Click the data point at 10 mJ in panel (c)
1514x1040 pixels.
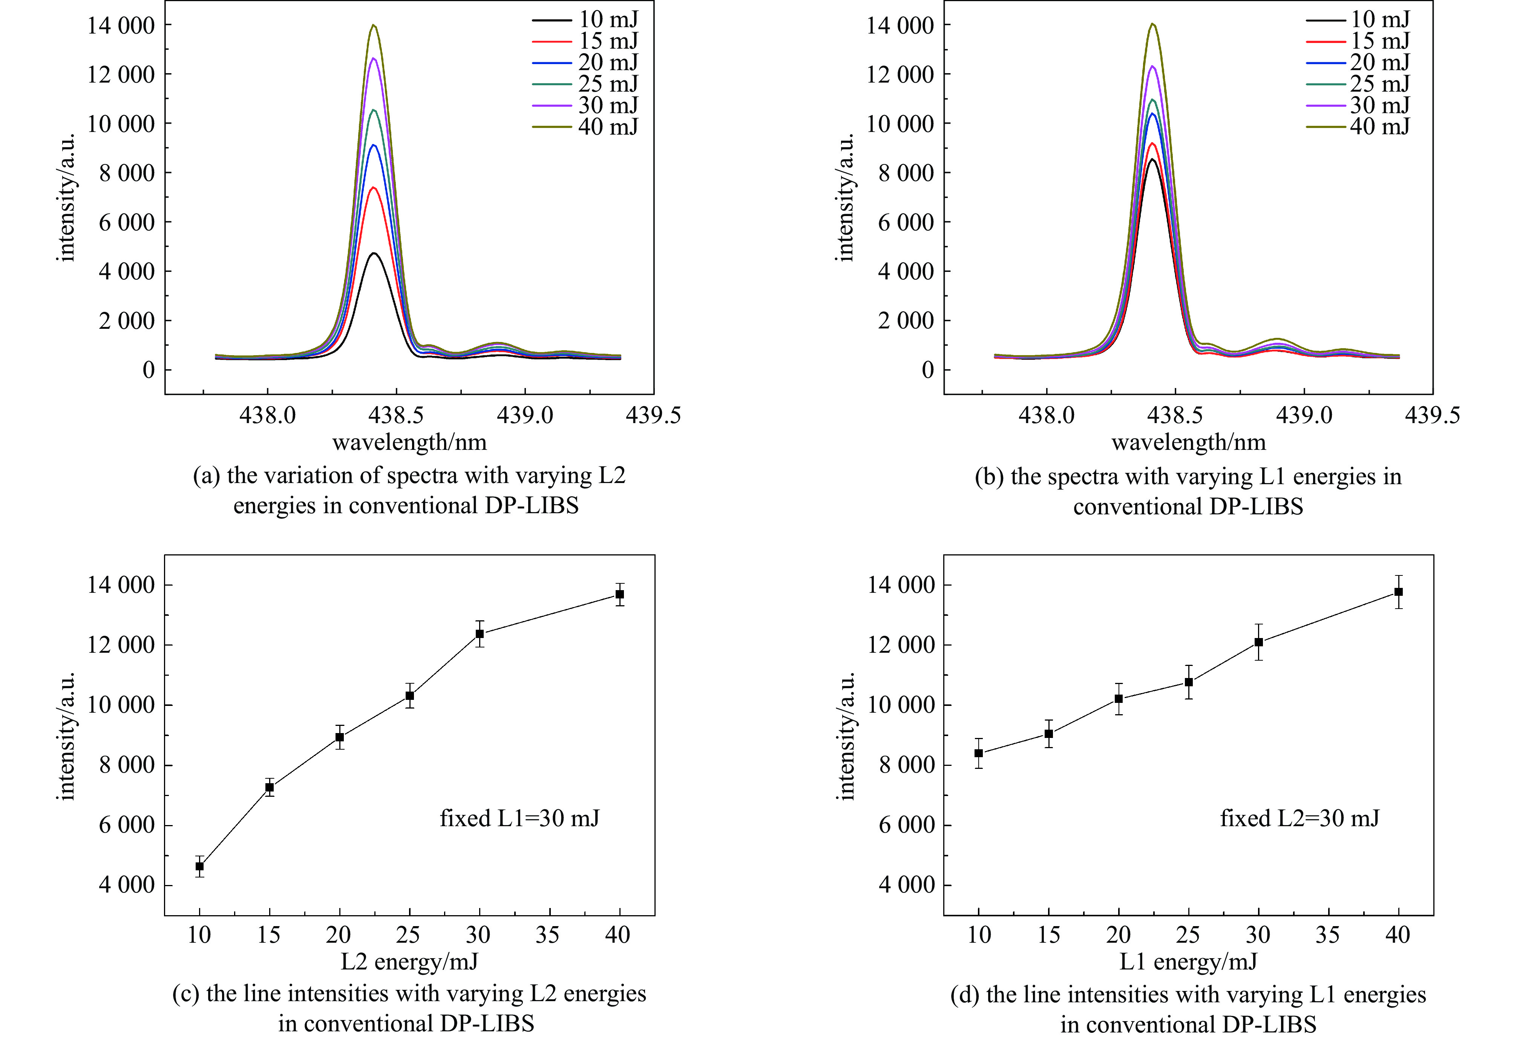tap(199, 867)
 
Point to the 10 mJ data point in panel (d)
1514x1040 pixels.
tap(979, 753)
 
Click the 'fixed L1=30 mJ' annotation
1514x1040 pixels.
tap(519, 818)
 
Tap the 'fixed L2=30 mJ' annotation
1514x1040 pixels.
tap(1299, 818)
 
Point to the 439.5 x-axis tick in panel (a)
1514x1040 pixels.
tap(653, 415)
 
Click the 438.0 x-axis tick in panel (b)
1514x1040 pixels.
tap(1046, 415)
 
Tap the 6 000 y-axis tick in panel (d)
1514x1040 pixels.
tap(906, 825)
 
